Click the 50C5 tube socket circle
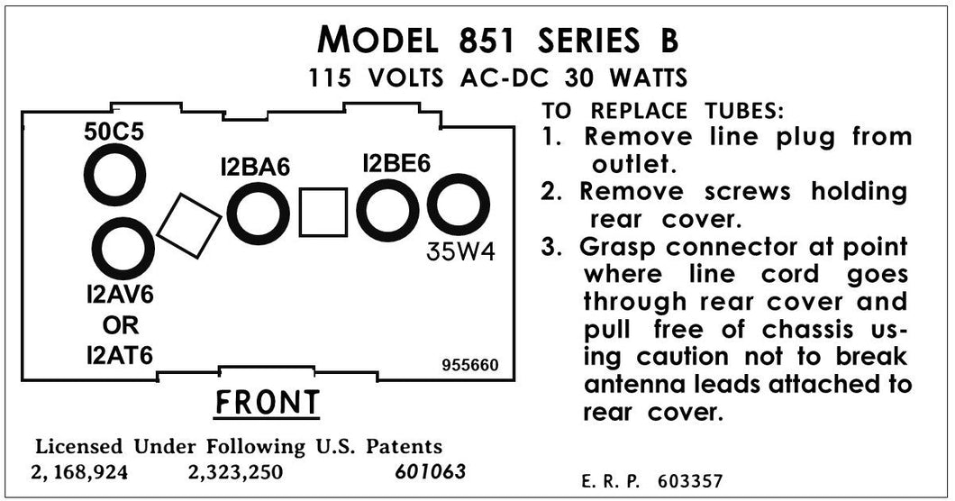[x=114, y=175]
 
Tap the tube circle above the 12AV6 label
[x=123, y=249]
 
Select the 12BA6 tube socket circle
[x=258, y=214]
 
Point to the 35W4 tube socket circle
[x=458, y=205]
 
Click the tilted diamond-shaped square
[x=189, y=225]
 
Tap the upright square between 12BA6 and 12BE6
[x=323, y=213]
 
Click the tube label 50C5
[x=114, y=132]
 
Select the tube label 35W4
[x=460, y=253]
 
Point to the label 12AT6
[x=120, y=356]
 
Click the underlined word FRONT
[x=267, y=403]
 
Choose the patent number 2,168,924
[x=79, y=472]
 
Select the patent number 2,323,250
[x=237, y=472]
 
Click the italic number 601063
[x=431, y=472]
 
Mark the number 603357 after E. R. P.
[x=689, y=481]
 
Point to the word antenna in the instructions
[x=638, y=385]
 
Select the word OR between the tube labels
[x=120, y=325]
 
